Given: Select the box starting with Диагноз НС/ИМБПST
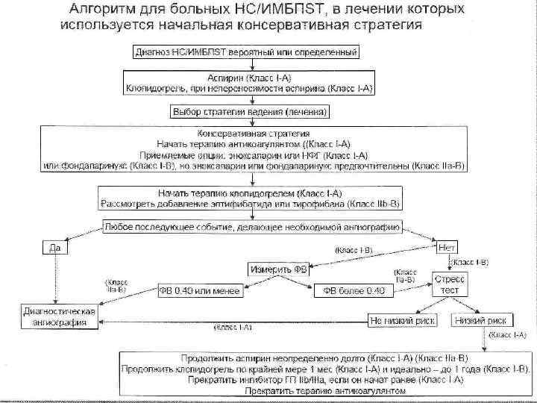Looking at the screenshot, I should click(x=246, y=53).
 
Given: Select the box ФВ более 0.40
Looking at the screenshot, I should click(x=354, y=290).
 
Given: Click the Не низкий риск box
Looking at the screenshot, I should click(x=400, y=319).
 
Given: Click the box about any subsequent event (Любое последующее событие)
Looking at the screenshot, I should click(x=251, y=226).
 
